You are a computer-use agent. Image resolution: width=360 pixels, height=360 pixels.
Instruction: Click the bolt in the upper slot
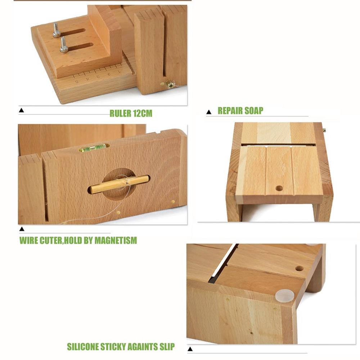57,30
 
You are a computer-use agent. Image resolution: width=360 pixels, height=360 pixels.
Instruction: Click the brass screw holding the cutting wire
170,84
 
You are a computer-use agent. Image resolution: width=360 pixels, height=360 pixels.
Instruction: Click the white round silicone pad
284,295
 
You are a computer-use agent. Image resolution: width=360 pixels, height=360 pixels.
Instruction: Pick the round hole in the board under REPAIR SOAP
279,188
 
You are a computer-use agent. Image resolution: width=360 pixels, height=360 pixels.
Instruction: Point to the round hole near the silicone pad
299,268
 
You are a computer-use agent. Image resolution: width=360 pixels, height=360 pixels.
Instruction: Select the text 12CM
143,114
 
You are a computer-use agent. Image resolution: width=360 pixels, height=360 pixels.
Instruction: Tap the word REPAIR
230,111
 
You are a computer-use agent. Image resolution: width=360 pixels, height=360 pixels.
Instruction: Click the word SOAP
253,111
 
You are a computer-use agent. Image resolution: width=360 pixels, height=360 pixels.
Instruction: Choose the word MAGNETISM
116,240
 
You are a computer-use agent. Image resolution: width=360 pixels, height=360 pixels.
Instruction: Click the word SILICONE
82,347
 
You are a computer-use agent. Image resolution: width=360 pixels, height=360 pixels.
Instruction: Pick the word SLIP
166,347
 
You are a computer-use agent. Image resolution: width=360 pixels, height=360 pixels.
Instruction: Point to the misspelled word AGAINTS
141,347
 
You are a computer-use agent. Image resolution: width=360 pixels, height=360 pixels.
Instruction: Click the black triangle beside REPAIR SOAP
208,112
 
